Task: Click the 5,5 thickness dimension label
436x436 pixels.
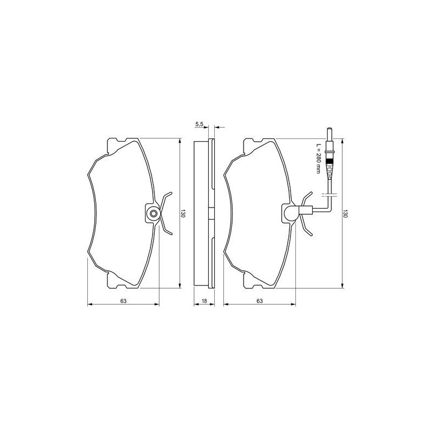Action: (199, 124)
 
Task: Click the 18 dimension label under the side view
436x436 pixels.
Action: (204, 301)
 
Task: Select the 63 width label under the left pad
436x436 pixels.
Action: (124, 301)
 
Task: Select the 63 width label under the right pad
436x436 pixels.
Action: (260, 301)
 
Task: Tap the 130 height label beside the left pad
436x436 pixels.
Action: (183, 213)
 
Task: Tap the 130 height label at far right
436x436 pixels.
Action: (346, 213)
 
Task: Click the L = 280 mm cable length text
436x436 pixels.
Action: (318, 159)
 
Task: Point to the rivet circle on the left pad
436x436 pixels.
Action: (153, 214)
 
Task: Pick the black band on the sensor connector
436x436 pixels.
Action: (330, 161)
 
